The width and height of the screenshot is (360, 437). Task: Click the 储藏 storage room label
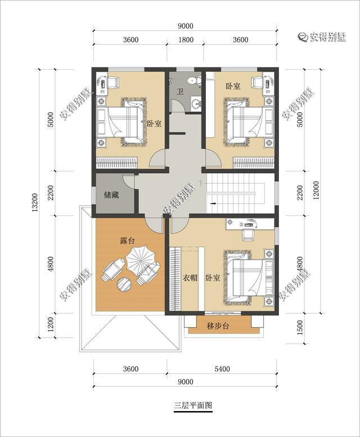(x=111, y=195)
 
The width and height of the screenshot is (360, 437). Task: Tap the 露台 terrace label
(x=127, y=240)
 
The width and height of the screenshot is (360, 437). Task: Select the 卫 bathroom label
(x=180, y=91)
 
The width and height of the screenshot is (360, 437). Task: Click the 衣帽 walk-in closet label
(x=190, y=278)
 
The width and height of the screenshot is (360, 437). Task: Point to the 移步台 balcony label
(x=218, y=326)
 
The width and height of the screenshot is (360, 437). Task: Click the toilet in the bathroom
(x=194, y=80)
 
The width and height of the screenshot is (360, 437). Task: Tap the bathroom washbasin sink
(x=197, y=103)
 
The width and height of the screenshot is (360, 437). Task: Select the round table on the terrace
(x=124, y=284)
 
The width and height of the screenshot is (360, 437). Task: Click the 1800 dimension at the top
(x=186, y=39)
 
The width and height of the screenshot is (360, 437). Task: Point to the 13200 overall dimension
(x=35, y=202)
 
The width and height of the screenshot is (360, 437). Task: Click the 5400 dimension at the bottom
(x=222, y=369)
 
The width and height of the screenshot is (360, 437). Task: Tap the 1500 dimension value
(x=300, y=328)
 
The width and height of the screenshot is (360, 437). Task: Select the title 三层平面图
(x=193, y=405)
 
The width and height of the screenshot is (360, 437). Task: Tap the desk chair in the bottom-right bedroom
(x=248, y=234)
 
